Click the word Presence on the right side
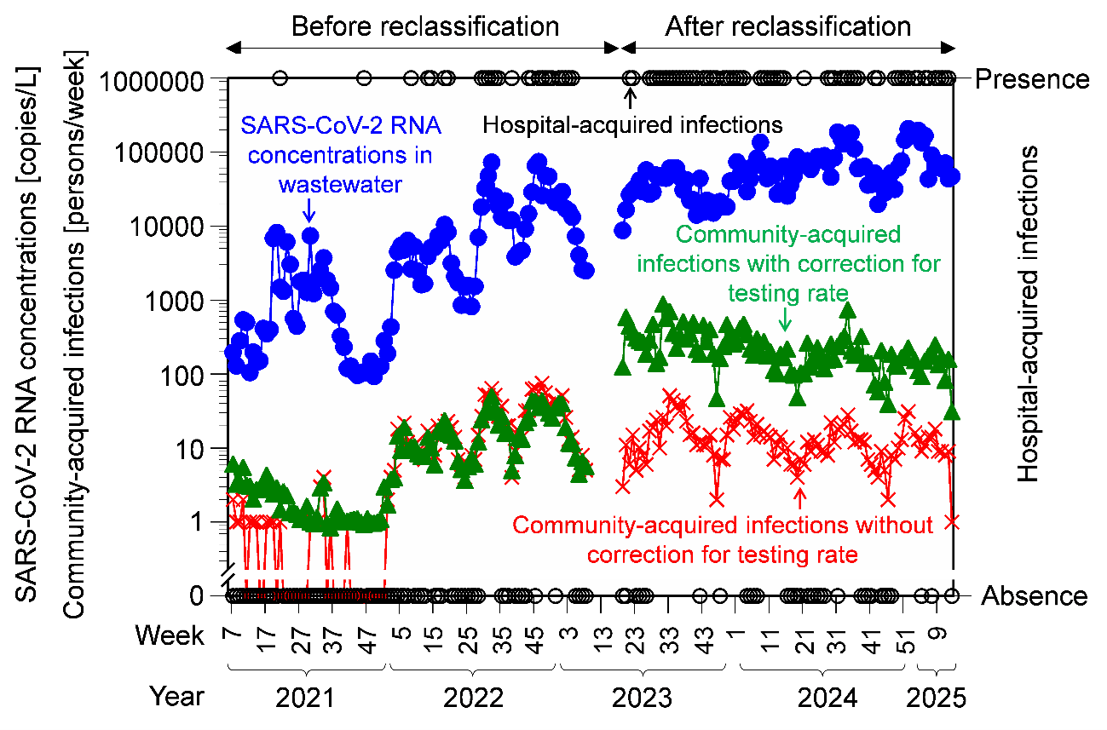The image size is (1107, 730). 1032,79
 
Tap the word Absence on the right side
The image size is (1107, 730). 1034,596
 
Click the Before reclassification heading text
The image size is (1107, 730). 425,26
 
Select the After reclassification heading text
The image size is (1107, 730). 788,26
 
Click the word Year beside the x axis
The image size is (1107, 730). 177,697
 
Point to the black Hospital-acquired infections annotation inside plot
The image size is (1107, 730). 632,125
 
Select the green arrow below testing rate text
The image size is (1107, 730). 786,319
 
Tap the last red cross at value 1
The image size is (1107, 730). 953,521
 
